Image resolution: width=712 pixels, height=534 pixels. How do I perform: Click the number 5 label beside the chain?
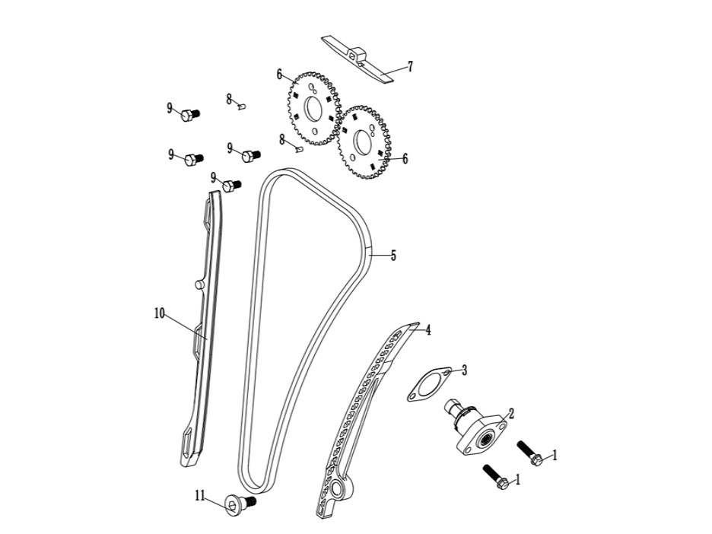pyautogui.click(x=393, y=256)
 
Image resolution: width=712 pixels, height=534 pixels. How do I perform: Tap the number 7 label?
pyautogui.click(x=410, y=67)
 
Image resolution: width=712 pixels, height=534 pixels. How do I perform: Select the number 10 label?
pyautogui.click(x=159, y=313)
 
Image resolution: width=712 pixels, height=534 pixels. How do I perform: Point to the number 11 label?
pyautogui.click(x=200, y=495)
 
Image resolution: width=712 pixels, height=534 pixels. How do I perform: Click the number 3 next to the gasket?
pyautogui.click(x=464, y=370)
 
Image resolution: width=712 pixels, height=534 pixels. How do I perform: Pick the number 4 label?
pyautogui.click(x=428, y=330)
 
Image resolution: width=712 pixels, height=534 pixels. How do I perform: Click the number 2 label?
pyautogui.click(x=511, y=413)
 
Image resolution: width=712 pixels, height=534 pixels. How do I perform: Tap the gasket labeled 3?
pyautogui.click(x=429, y=385)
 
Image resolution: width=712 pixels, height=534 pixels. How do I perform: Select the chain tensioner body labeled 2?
pyautogui.click(x=476, y=427)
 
